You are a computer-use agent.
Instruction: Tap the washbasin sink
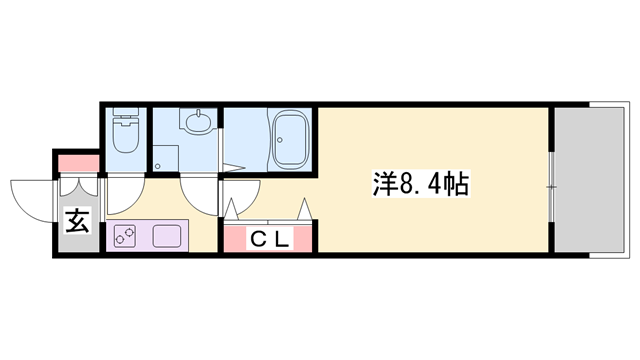pyautogui.click(x=196, y=125)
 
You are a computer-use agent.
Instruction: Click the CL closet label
pyautogui.click(x=269, y=240)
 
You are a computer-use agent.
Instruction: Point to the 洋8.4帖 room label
pyautogui.click(x=419, y=185)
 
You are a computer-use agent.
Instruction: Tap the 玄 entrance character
pyautogui.click(x=77, y=221)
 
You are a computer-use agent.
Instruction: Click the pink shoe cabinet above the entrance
pyautogui.click(x=78, y=162)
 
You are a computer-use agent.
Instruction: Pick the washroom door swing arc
pyautogui.click(x=198, y=193)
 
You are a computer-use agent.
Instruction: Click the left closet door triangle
pyautogui.click(x=232, y=210)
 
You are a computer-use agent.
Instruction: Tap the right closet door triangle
pyautogui.click(x=304, y=210)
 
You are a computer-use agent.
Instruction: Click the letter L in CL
pyautogui.click(x=282, y=240)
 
